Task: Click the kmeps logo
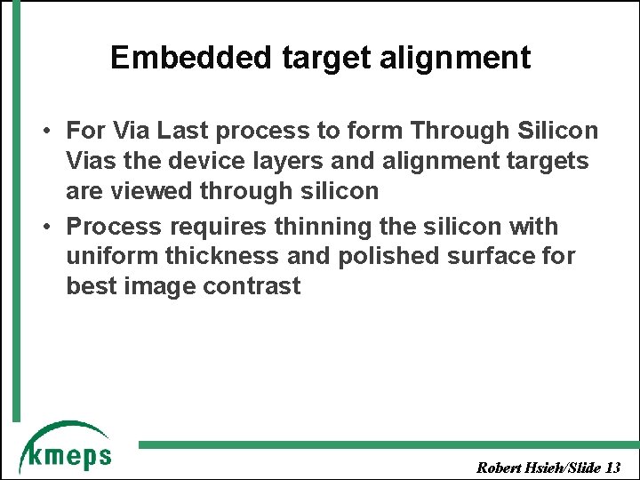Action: click(x=66, y=448)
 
